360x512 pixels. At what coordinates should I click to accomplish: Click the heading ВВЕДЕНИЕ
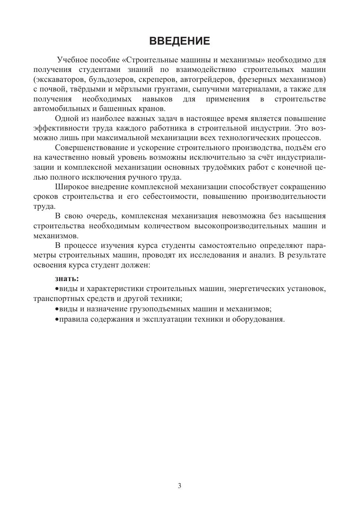coord(180,41)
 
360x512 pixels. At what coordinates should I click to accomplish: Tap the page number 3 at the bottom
coord(180,486)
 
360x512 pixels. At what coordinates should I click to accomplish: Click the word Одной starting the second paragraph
coord(66,118)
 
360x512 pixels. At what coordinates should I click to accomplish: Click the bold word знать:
coord(67,279)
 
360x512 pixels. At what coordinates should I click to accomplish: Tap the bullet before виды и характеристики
coord(57,289)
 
